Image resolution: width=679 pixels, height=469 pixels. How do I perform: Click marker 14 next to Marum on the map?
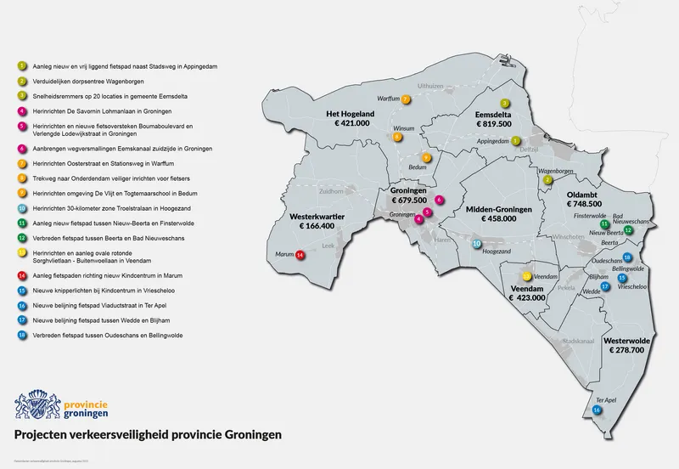click(x=300, y=254)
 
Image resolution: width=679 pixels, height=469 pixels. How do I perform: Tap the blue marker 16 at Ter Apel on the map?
click(x=598, y=410)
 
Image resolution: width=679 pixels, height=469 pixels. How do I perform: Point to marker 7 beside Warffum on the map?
click(x=407, y=99)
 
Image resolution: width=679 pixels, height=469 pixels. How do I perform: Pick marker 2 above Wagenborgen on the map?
click(x=548, y=180)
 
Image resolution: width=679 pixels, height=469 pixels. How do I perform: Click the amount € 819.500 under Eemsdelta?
click(x=493, y=123)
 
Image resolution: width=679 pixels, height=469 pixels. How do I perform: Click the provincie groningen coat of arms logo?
click(x=37, y=403)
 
